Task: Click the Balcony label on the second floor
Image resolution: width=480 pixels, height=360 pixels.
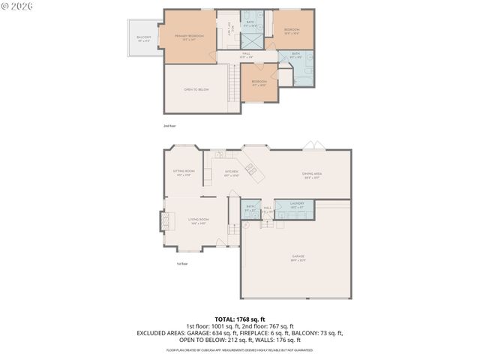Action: [143, 38]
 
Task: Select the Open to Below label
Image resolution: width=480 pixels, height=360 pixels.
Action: [196, 89]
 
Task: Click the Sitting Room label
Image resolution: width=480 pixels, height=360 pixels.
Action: [184, 172]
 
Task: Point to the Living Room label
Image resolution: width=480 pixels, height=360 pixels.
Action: [198, 220]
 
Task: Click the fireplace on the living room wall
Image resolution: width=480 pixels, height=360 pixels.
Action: [162, 220]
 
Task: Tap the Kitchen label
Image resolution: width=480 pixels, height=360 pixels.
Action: [232, 173]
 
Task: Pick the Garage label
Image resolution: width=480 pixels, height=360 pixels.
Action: [298, 258]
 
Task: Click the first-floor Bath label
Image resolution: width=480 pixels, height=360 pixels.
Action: [249, 209]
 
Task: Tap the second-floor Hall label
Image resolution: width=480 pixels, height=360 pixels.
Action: [245, 55]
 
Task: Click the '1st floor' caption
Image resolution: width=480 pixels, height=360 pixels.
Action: [181, 264]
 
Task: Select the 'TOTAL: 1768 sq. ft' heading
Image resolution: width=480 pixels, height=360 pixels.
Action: [240, 319]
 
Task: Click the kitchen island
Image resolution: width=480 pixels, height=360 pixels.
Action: [250, 169]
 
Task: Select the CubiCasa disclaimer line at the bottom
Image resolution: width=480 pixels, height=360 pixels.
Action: [240, 349]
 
